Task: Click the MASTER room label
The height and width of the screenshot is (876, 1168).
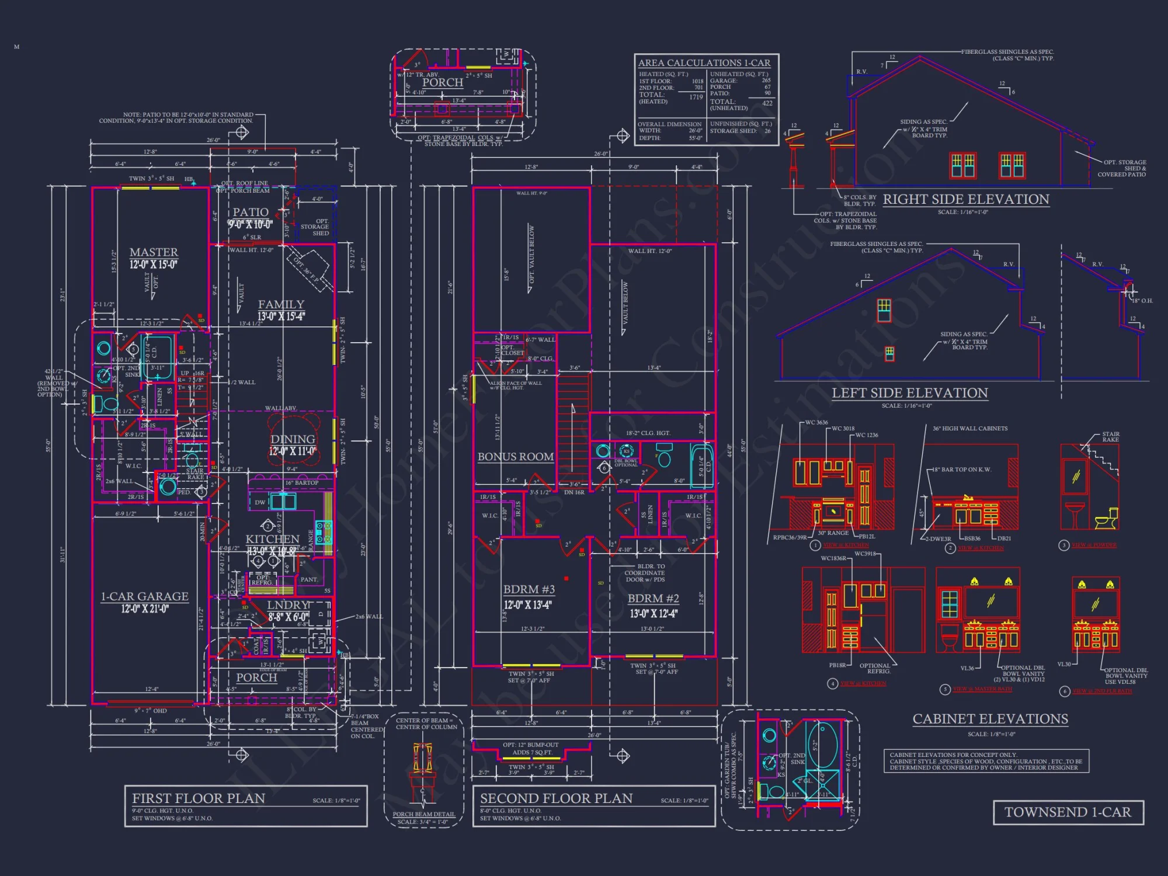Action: click(x=154, y=252)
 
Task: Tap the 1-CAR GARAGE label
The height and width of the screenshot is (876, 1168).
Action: click(x=145, y=596)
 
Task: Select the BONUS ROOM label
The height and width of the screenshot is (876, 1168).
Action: click(x=516, y=457)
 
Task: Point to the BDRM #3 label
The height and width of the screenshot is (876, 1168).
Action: click(x=529, y=590)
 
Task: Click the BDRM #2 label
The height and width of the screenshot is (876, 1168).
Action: click(x=653, y=599)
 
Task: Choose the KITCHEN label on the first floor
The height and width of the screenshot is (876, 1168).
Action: click(x=272, y=539)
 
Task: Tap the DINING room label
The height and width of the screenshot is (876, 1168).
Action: click(x=293, y=439)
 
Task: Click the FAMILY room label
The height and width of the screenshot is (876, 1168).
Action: click(x=281, y=304)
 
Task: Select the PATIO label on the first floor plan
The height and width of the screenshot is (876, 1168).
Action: click(x=251, y=212)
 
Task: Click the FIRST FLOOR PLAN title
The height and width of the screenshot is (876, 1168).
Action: click(x=199, y=798)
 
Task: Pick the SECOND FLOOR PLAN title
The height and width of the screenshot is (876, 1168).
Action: click(x=556, y=798)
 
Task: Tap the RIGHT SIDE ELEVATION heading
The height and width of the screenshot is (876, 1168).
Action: click(x=966, y=199)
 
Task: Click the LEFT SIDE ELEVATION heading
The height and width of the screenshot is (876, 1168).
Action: click(x=910, y=393)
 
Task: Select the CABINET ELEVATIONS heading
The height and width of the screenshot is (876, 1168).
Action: click(x=990, y=719)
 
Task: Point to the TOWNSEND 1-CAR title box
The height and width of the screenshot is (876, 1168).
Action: click(x=1068, y=812)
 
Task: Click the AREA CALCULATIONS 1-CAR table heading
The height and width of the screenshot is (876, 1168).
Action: click(x=704, y=63)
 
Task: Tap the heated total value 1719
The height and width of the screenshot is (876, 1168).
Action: click(x=696, y=97)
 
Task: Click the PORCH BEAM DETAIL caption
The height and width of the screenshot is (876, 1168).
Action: click(x=423, y=814)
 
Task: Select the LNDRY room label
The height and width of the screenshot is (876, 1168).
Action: click(x=287, y=605)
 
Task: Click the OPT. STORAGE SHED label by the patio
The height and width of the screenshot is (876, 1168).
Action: click(x=315, y=227)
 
